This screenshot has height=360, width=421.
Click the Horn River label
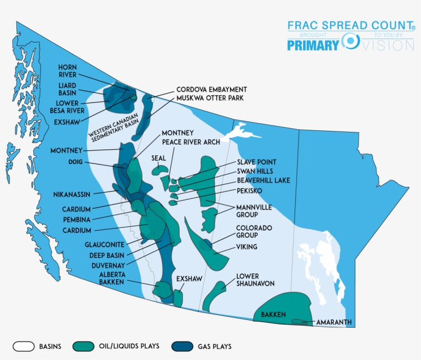pos(67,71)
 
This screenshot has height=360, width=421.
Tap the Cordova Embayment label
pos(212,89)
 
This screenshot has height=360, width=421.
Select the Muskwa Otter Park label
pos(209,97)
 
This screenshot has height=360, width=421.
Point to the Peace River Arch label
pos(191,142)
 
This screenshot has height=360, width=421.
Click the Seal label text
pos(159,158)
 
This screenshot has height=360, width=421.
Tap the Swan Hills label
pos(255,171)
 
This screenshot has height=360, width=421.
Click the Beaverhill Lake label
pos(263,181)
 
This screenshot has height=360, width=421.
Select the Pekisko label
pos(250,190)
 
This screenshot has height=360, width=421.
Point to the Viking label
pos(246,247)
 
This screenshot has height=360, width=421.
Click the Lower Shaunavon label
pos(255,280)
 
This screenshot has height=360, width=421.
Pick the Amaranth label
pos(334,323)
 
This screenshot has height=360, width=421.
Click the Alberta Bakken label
pos(112,278)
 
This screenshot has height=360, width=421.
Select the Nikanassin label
pos(72,195)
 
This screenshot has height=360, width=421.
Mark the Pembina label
pos(77,219)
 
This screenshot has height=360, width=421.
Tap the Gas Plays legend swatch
pos(182,346)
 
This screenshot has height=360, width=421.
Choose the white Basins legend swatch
pos(24,346)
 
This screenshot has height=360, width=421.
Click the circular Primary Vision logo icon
pos(351,41)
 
